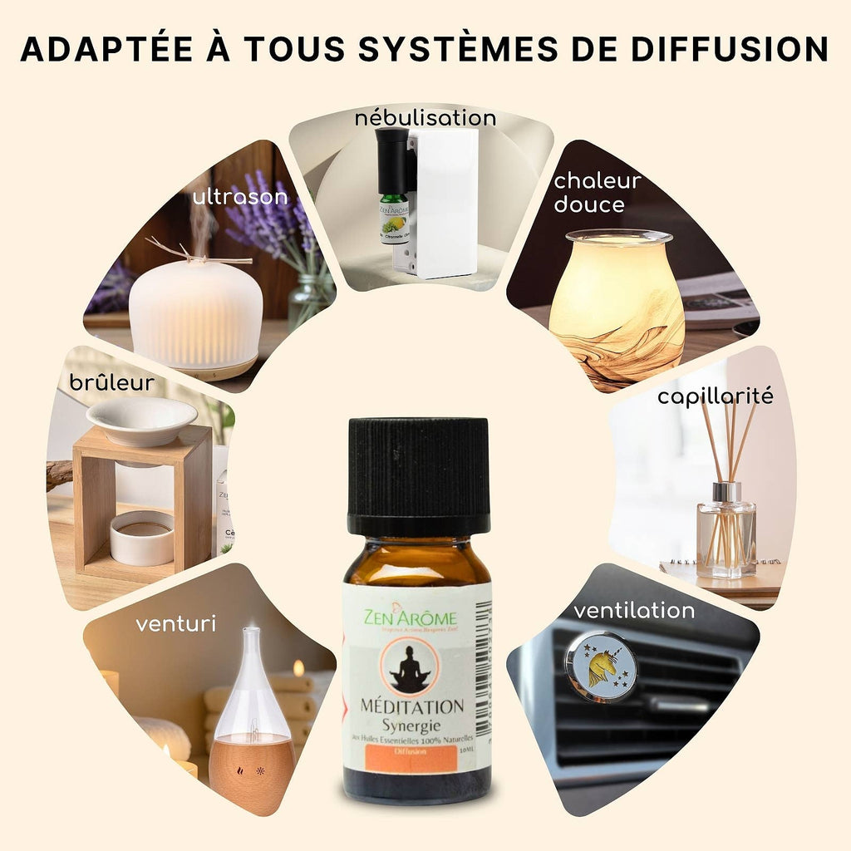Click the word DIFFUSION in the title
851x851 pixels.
coord(730,49)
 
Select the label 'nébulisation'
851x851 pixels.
coord(425,118)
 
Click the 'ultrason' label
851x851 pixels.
coord(240,197)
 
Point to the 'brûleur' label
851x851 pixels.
coord(112,382)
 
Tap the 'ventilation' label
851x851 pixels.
coord(634,611)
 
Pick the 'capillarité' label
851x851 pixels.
coord(715,396)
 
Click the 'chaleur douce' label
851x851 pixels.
coord(598,193)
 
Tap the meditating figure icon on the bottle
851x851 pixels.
coord(409,667)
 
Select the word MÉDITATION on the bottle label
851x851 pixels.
coord(412,706)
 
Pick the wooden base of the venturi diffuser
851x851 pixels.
coord(251,774)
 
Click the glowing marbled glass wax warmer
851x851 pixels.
coord(617,307)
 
